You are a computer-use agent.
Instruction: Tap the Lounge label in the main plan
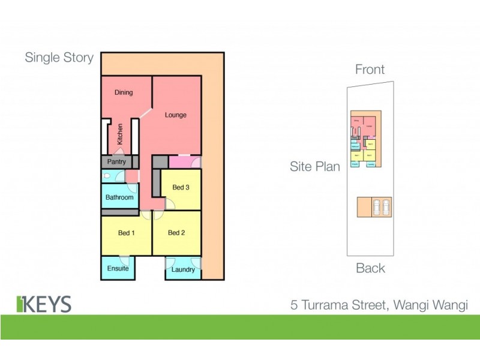tap(176, 115)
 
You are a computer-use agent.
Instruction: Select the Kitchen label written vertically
tap(121, 134)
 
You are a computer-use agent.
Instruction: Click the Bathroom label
tap(119, 197)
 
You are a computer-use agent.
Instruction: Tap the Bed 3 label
tap(181, 188)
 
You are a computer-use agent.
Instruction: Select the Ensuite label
tap(118, 268)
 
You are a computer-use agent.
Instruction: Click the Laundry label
tap(183, 270)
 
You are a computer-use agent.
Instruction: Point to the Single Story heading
tap(59, 58)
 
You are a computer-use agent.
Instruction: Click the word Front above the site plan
tap(370, 70)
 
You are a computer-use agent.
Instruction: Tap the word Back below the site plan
tap(370, 268)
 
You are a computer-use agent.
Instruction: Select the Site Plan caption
tap(314, 166)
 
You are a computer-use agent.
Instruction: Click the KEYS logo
tap(44, 304)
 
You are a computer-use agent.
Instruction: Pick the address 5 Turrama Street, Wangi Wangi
tap(379, 305)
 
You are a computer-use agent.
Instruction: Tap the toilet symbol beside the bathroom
tap(107, 176)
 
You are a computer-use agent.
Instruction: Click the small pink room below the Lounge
tap(184, 161)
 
